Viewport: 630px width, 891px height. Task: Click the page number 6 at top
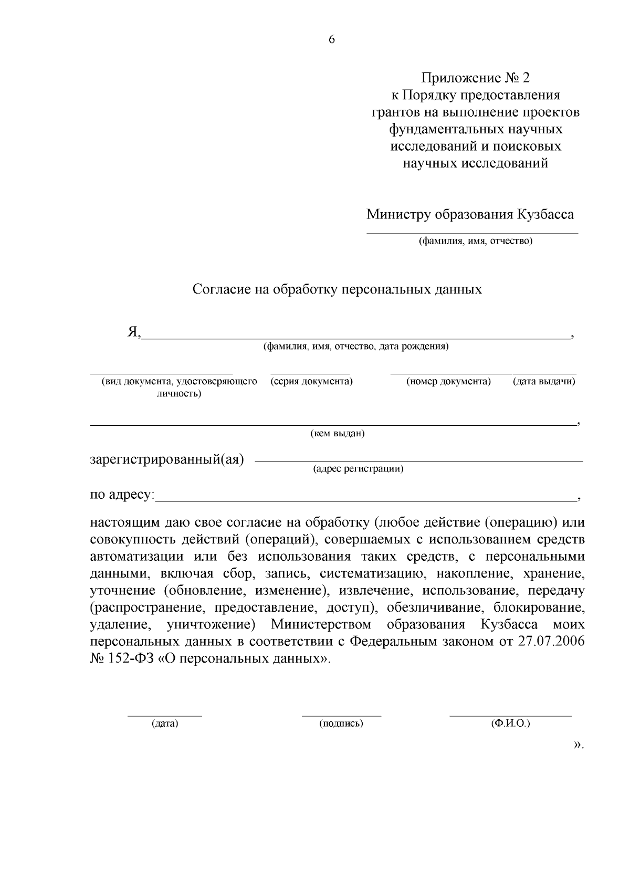click(x=331, y=40)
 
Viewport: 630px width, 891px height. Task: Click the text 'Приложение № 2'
click(x=475, y=78)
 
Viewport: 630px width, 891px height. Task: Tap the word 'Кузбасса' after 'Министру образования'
click(x=545, y=214)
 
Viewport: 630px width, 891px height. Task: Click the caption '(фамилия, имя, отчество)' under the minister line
click(x=475, y=241)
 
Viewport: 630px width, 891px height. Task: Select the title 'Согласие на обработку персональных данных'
click(x=337, y=289)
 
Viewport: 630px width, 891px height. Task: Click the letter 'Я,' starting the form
click(x=134, y=332)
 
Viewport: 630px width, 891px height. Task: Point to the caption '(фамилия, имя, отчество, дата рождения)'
click(x=355, y=347)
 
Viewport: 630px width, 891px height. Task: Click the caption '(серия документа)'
click(x=311, y=381)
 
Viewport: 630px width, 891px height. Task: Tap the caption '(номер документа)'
click(x=448, y=381)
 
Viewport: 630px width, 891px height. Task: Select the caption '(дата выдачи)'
click(x=544, y=381)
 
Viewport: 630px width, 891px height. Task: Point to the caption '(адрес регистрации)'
click(x=358, y=469)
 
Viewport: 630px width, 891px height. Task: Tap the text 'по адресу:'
click(x=122, y=495)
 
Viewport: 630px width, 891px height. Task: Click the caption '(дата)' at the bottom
click(x=165, y=724)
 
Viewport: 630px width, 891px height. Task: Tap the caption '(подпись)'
click(x=341, y=724)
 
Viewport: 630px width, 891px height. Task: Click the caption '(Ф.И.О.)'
click(x=510, y=724)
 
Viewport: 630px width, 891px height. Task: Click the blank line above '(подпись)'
click(x=341, y=715)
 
